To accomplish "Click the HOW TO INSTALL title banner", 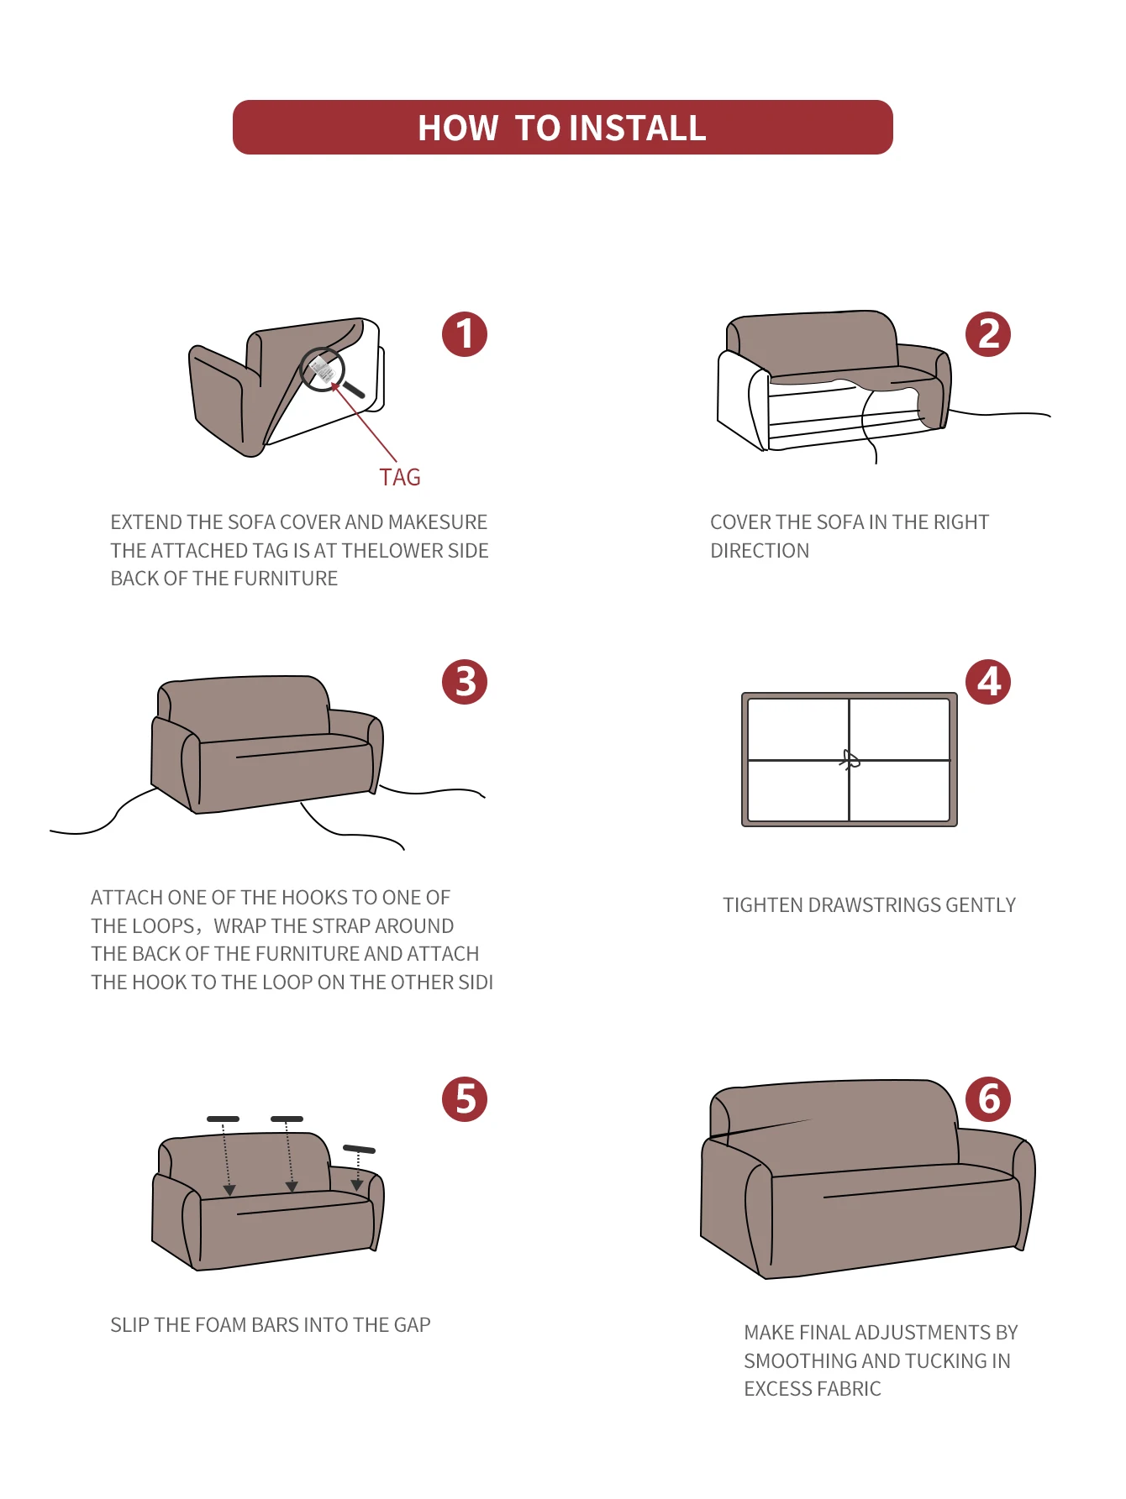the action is tap(562, 128).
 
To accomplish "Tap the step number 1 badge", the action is tap(465, 334).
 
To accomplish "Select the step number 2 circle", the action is tap(988, 334).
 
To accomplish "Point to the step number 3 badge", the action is tap(465, 682).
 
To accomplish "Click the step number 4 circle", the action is tap(988, 682).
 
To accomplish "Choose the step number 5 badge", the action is tap(465, 1099).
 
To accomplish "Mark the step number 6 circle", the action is tap(988, 1099).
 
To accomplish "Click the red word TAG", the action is tap(400, 478).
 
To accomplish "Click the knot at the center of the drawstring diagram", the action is tap(850, 761).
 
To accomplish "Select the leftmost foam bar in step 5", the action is tap(224, 1119).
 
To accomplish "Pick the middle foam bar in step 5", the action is tap(287, 1119).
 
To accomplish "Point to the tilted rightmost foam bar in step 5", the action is tap(359, 1149).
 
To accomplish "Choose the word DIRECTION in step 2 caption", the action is tap(760, 551).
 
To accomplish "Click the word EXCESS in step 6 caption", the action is tap(774, 1389).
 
